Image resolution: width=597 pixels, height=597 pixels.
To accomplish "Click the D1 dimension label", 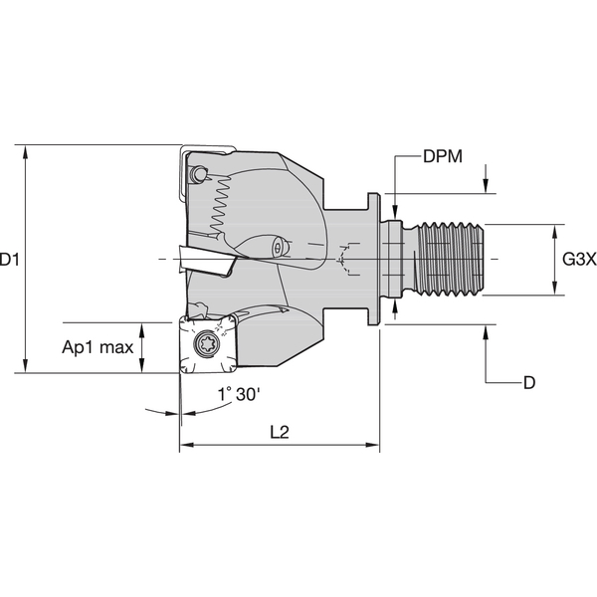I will pos(11,260).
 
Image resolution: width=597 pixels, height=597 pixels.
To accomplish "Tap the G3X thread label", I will pos(578,260).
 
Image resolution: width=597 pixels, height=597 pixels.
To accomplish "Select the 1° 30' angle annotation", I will pos(239,395).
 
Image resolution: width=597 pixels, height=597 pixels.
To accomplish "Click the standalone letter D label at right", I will pos(529,382).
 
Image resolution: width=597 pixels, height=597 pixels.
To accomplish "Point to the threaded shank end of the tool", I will pos(453,261).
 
